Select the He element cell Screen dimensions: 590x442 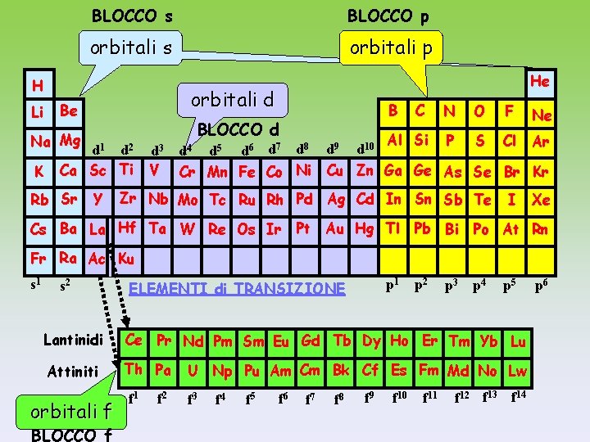click(x=539, y=81)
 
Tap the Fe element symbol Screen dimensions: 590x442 click(x=247, y=173)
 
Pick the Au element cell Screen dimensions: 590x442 click(x=335, y=229)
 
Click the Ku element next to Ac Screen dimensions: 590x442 click(x=125, y=259)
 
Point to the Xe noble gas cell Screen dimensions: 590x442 click(x=540, y=201)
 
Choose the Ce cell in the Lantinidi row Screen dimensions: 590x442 click(x=135, y=340)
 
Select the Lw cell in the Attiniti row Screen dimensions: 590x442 click(x=517, y=371)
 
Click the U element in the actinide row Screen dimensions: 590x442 click(x=193, y=371)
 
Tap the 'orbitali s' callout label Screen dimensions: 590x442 click(x=131, y=47)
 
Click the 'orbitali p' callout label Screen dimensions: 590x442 click(x=391, y=47)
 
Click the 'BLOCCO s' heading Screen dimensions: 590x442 click(x=132, y=15)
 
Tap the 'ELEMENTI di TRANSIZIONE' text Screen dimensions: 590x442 click(x=238, y=288)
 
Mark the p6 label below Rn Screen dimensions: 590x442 click(x=541, y=286)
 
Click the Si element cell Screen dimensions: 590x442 click(x=422, y=140)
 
